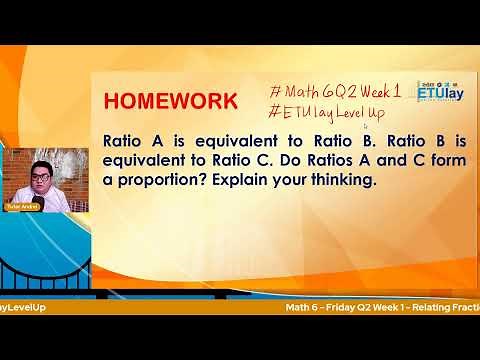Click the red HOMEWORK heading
coord(171,101)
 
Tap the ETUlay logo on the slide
coord(438,92)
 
